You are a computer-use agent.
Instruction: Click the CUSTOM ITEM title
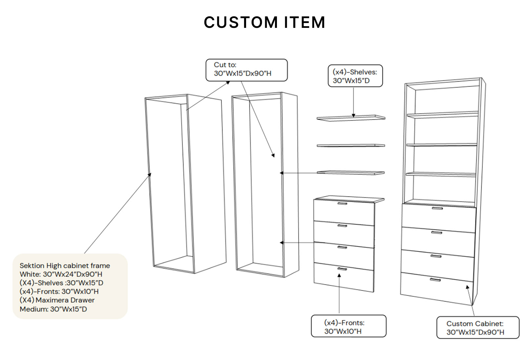[264, 23]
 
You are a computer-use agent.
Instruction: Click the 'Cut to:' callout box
[246, 70]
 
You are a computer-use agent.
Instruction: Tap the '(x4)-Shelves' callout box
[355, 76]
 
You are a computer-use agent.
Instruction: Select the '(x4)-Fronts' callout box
[348, 326]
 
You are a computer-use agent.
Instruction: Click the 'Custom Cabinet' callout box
[477, 328]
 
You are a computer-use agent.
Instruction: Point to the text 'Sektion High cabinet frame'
[65, 266]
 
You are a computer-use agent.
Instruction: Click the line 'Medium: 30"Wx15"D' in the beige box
[53, 309]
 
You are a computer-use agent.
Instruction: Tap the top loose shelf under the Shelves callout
[350, 118]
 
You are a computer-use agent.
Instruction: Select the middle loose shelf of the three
[350, 145]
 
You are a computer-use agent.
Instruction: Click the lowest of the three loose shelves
[350, 172]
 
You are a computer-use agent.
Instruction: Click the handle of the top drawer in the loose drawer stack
[342, 204]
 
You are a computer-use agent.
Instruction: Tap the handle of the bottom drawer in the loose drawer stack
[342, 269]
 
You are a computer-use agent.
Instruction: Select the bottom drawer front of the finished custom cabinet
[436, 287]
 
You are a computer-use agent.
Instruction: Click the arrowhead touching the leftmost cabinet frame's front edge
[150, 175]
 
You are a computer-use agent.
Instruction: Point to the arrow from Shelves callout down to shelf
[353, 102]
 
